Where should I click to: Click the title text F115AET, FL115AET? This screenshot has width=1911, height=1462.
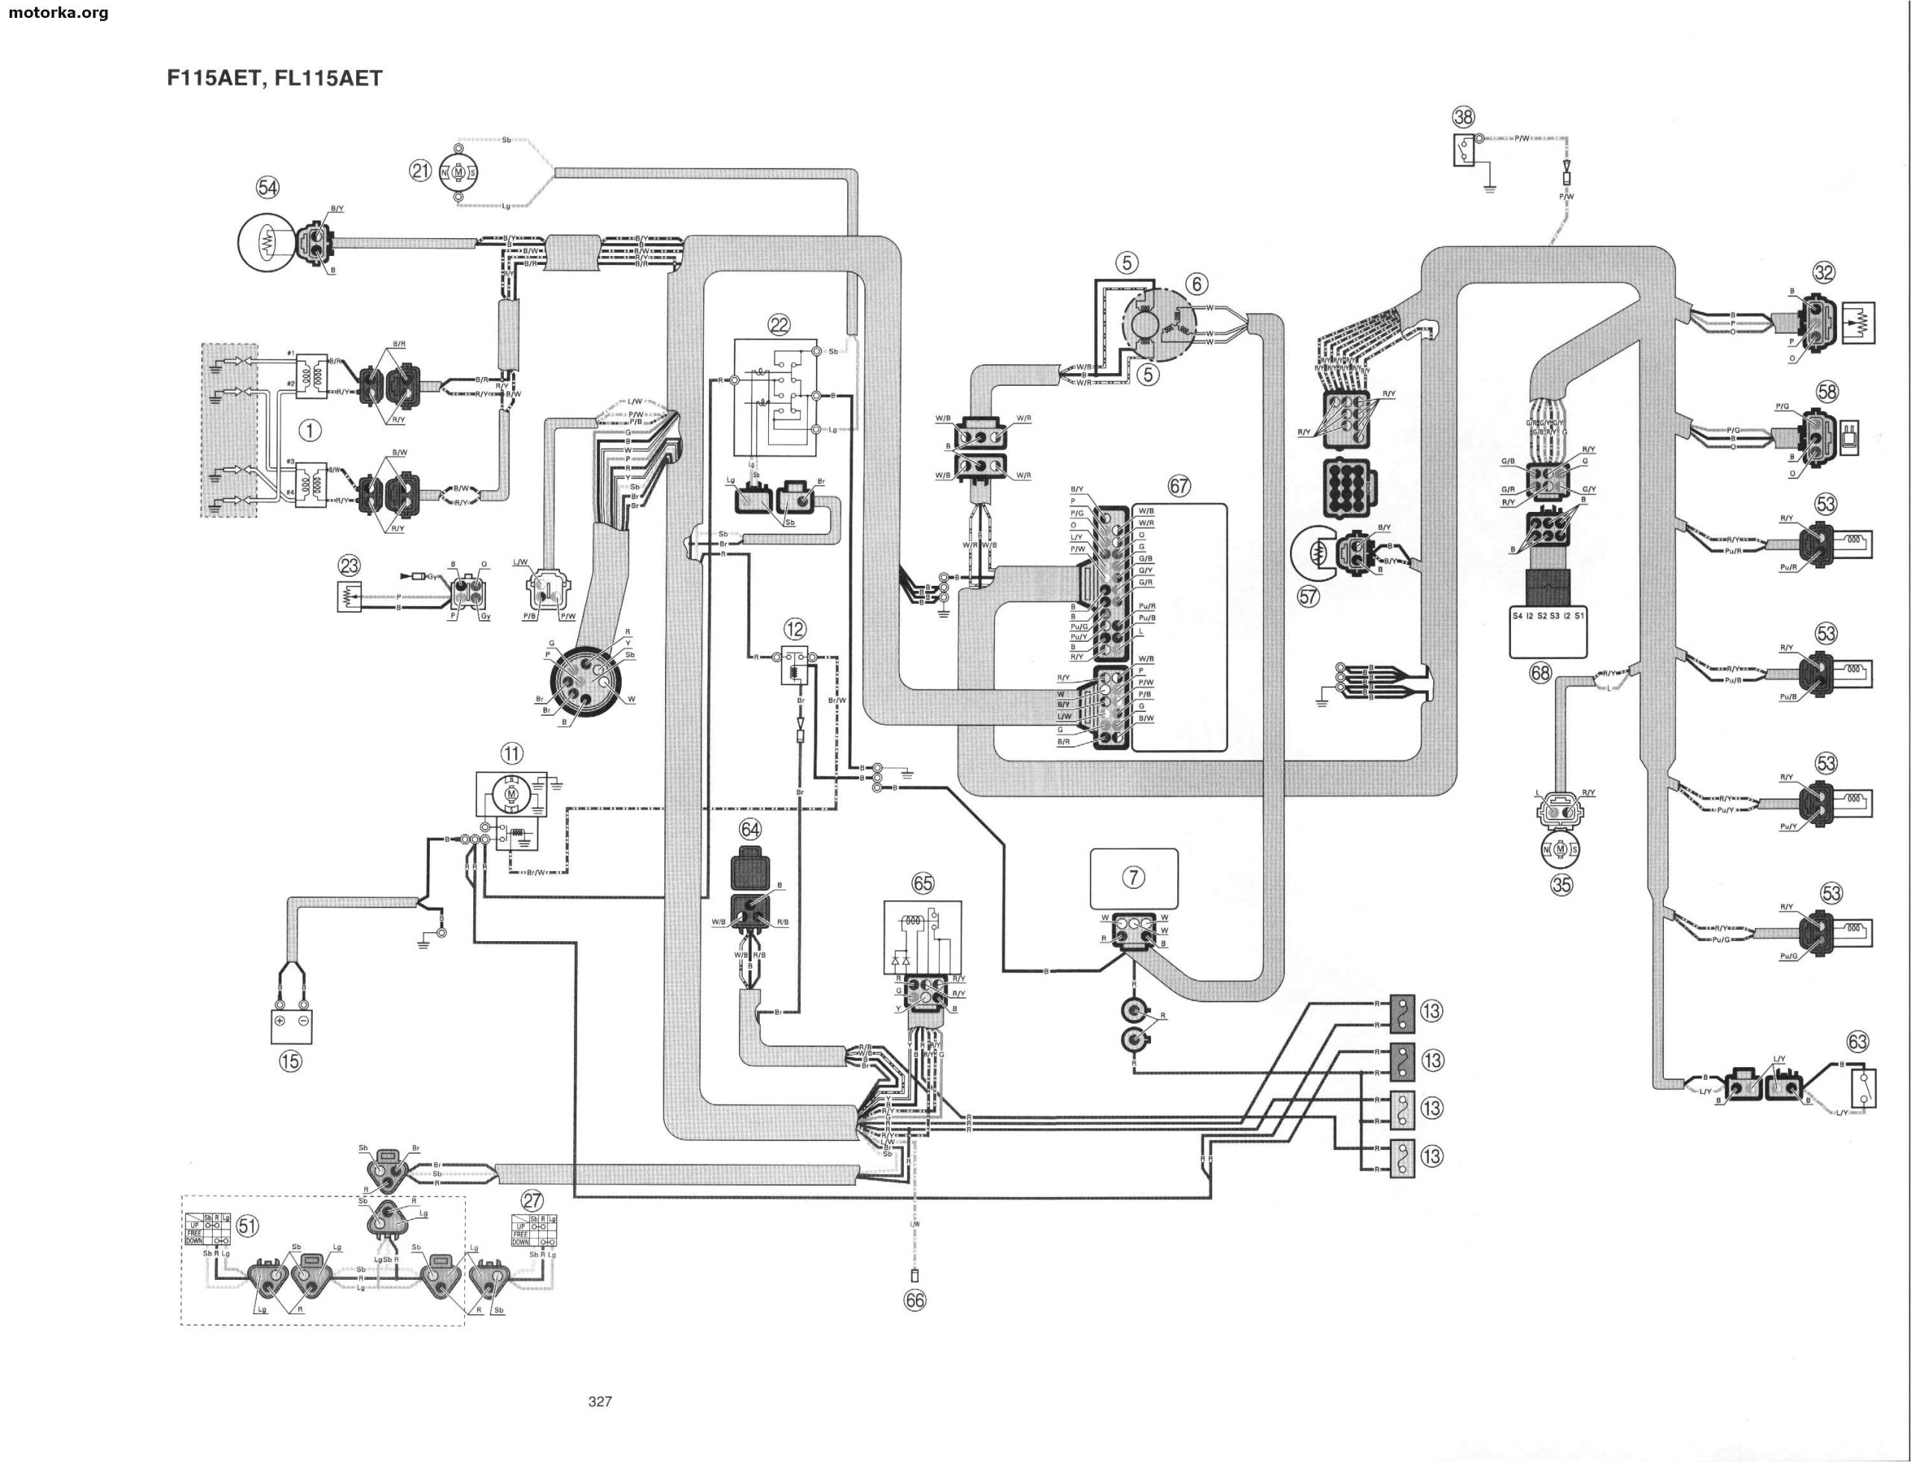274,78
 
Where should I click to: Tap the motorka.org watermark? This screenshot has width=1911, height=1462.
56,12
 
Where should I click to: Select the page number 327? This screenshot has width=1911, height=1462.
599,1401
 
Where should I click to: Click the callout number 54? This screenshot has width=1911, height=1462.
267,187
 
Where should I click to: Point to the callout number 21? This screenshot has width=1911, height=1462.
420,171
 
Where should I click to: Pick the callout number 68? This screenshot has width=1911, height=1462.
1540,672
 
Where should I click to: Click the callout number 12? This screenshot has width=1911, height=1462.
794,628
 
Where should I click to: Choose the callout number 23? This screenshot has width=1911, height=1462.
349,566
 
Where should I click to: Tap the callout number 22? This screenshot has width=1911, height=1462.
778,325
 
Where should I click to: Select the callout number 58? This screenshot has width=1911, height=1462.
1827,392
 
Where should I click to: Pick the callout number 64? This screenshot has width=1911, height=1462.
750,829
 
